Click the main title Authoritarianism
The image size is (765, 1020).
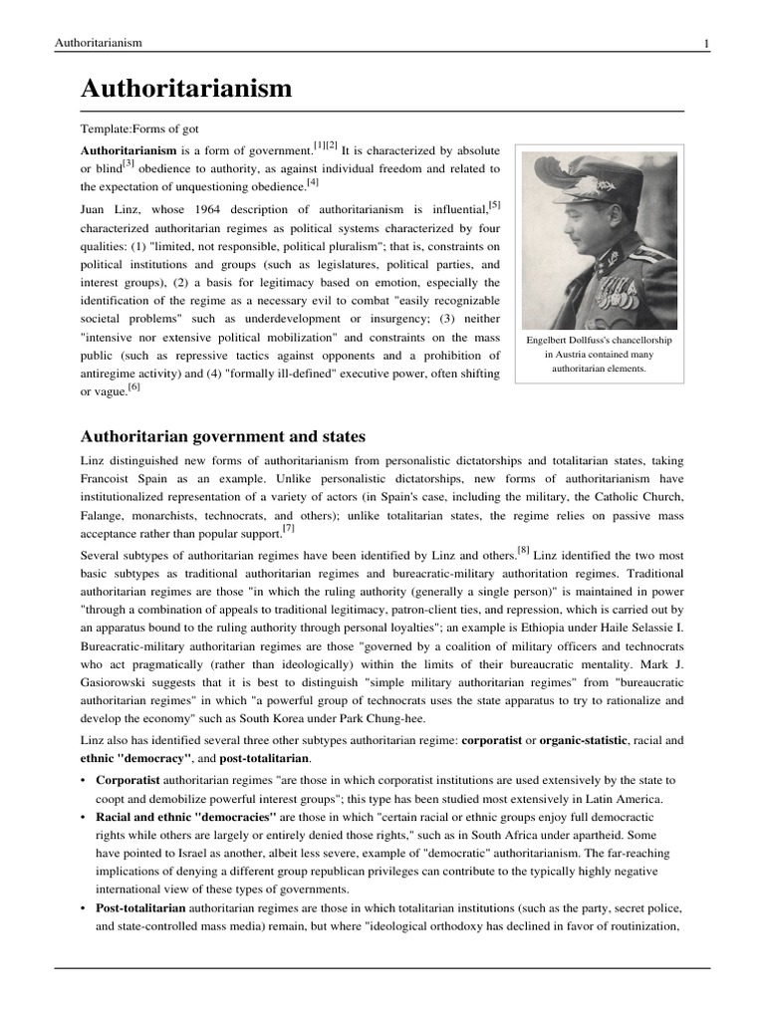coord(186,89)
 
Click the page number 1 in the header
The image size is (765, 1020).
coord(706,43)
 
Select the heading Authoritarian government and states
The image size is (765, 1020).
coord(222,436)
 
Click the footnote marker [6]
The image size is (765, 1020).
coord(133,387)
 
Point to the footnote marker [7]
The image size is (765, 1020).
coord(288,527)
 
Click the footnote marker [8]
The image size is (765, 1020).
coord(523,549)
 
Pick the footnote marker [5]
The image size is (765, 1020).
coord(494,205)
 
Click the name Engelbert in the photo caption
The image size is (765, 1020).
coord(551,340)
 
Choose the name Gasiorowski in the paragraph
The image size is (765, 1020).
coord(119,682)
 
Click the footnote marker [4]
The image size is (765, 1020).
coord(313,182)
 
